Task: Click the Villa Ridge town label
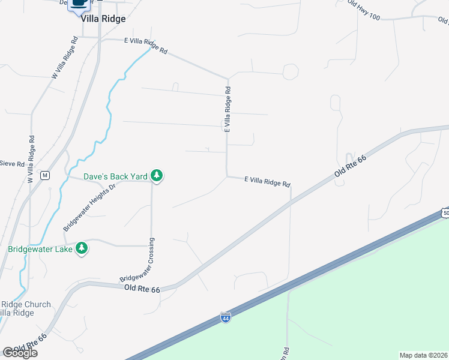[x=103, y=19]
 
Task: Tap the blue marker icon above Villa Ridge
[x=79, y=5]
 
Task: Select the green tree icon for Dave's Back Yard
[x=157, y=176]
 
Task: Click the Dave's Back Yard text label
[x=115, y=176]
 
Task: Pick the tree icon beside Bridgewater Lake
[x=82, y=248]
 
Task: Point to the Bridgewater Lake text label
[x=40, y=248]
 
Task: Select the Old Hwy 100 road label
[x=363, y=10]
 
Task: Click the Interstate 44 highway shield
[x=226, y=316]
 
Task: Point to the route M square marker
[x=44, y=175]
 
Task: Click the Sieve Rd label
[x=12, y=163]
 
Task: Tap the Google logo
[x=19, y=353]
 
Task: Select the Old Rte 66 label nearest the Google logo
[x=29, y=343]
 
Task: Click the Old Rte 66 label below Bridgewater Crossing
[x=142, y=289]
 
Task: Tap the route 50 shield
[x=444, y=213]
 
